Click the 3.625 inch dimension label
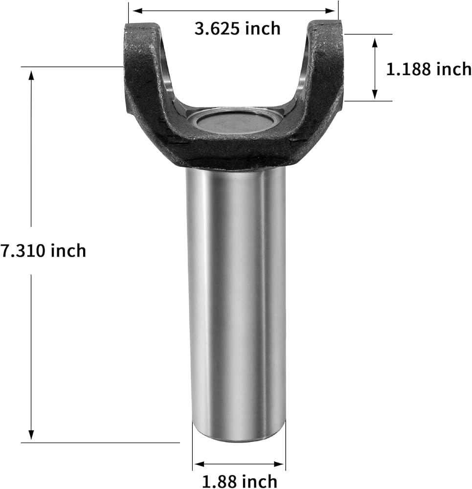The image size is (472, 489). (x=237, y=29)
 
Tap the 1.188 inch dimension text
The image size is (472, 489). (x=428, y=69)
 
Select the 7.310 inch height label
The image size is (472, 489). (x=43, y=251)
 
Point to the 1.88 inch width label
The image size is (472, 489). (x=240, y=481)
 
